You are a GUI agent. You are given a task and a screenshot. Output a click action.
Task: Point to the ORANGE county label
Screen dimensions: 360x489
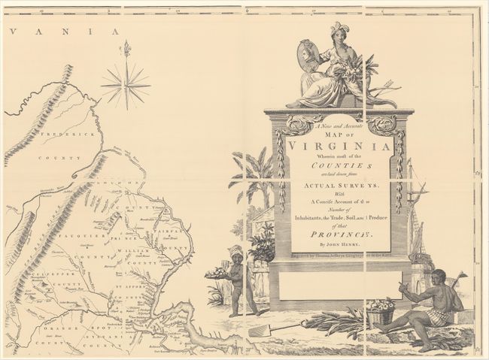[50, 328]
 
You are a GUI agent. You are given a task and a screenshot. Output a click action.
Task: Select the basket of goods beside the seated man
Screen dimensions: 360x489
[380, 310]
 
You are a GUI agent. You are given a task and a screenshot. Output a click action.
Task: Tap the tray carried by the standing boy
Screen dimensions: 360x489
[219, 274]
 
